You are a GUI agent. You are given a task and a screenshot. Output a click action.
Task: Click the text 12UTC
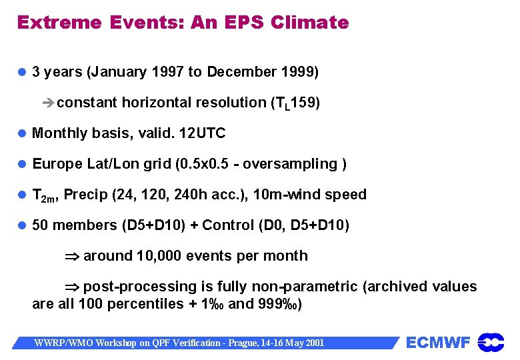203,133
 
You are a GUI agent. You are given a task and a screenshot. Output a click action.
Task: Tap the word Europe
58,164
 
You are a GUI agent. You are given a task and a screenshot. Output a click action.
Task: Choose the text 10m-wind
287,195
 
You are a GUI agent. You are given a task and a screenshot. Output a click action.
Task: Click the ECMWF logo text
438,343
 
